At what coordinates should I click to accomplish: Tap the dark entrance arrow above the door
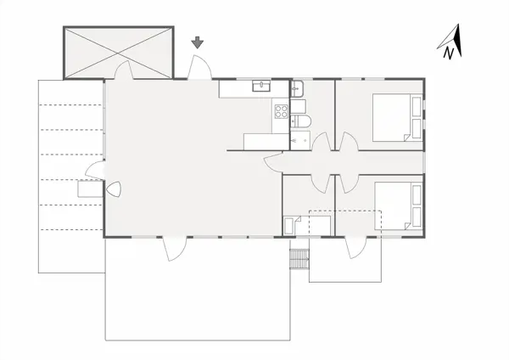point(198,42)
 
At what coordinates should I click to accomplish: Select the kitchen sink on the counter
point(261,86)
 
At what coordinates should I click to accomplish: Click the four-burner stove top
point(281,110)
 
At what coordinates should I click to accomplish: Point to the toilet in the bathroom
point(302,121)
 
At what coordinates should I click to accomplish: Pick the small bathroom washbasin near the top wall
point(297,87)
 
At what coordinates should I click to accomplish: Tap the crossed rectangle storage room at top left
point(119,52)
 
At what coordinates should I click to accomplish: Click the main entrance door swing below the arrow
point(199,68)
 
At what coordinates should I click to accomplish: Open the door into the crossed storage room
point(122,70)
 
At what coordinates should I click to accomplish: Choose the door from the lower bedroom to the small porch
point(356,247)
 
